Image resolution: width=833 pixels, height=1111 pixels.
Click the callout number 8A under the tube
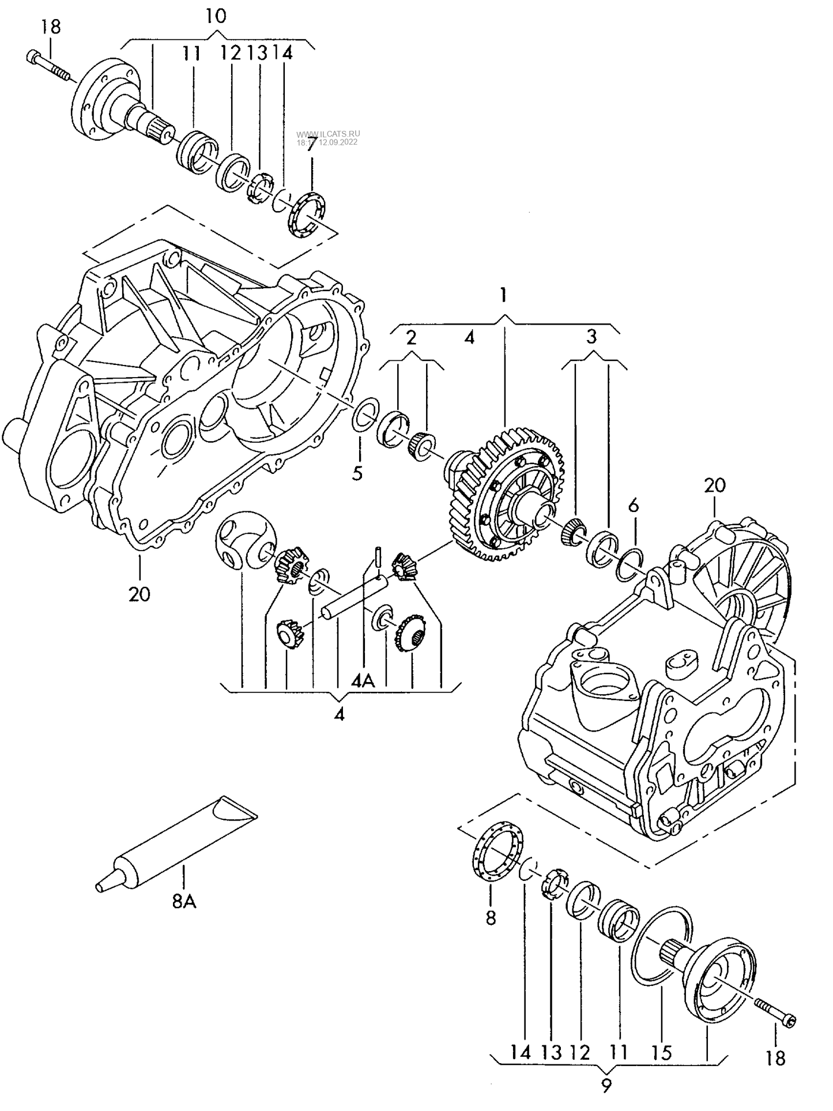[184, 901]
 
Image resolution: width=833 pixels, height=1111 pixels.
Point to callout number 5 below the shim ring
[357, 473]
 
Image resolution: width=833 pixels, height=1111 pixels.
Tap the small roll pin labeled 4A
[376, 556]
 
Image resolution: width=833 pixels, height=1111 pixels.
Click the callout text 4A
[363, 681]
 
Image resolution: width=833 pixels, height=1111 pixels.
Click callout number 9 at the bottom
[606, 1087]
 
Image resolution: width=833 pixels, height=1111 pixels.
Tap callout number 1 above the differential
[503, 295]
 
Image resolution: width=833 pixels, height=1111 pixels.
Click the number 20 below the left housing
[140, 594]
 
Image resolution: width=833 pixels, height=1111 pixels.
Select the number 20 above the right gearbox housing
[714, 485]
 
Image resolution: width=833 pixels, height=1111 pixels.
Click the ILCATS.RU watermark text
[327, 134]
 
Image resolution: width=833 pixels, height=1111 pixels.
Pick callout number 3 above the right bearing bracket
[591, 337]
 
